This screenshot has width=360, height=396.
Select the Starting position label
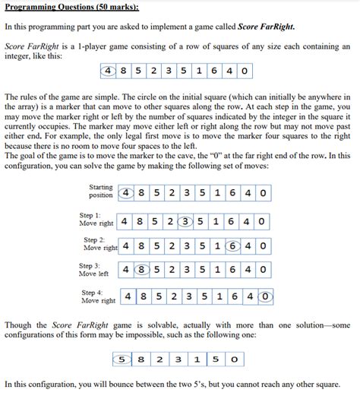pos(101,191)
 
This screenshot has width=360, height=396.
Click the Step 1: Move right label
pos(96,220)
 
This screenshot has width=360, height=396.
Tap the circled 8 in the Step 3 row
pos(140,270)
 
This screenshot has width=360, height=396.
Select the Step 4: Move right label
pos(96,296)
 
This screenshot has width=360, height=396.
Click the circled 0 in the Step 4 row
pos(266,296)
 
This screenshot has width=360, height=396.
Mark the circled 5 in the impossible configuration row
pos(122,357)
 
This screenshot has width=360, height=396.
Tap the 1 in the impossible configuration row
pos(194,357)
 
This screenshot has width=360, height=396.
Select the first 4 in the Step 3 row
pos(123,270)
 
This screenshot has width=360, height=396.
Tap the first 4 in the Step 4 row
pos(130,296)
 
